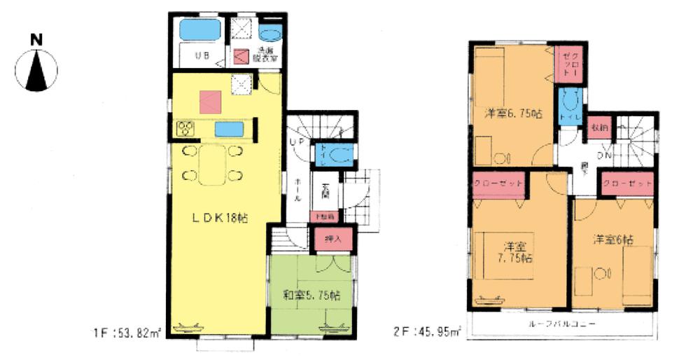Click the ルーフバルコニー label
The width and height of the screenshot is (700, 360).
562,324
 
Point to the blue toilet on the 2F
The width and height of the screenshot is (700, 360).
568,107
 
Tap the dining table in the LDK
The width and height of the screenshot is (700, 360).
212,165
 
